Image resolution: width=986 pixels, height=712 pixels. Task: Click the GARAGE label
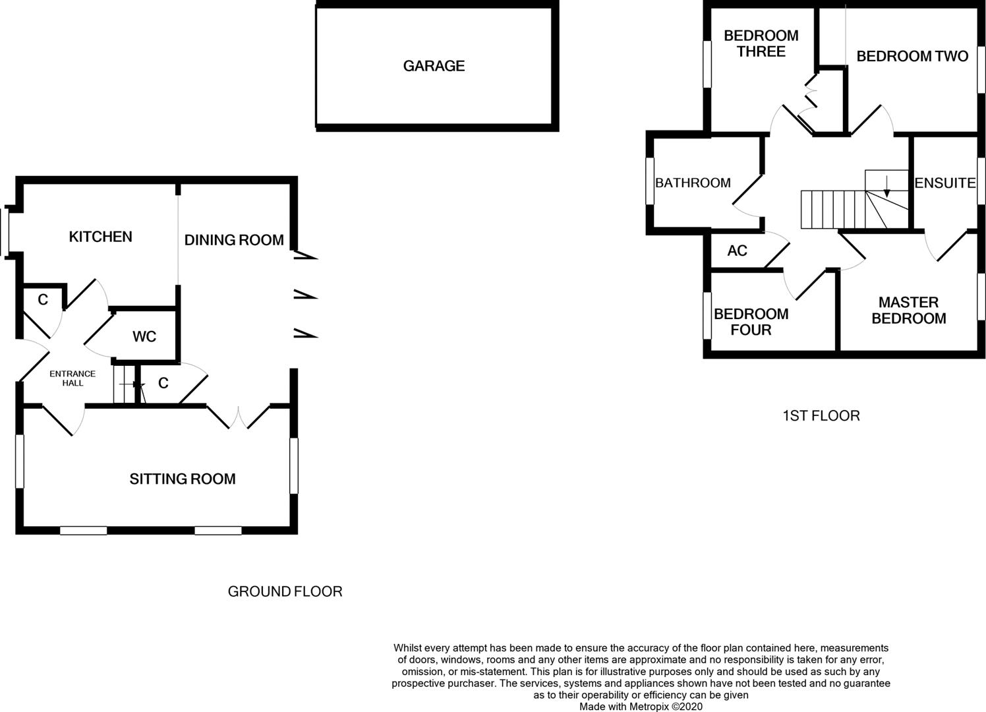(x=434, y=66)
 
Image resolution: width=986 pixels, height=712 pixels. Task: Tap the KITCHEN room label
(x=100, y=237)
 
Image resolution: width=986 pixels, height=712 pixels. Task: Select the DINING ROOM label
(x=234, y=240)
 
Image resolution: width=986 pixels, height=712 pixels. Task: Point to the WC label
(x=144, y=337)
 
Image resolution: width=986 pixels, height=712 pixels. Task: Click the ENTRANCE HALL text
(x=72, y=378)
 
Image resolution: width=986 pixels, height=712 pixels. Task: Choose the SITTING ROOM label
(x=182, y=479)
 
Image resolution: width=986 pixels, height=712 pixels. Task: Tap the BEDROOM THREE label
(x=761, y=44)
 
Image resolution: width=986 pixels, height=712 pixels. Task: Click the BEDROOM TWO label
(x=912, y=56)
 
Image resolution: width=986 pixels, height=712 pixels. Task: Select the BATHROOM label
(x=693, y=183)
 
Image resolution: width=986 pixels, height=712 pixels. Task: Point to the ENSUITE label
(x=945, y=183)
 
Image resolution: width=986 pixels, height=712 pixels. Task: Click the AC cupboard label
(x=738, y=251)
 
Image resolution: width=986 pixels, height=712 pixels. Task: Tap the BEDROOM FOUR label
(x=751, y=322)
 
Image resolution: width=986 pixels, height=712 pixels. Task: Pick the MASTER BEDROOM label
(x=908, y=311)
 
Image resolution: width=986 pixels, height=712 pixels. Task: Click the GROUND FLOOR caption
(x=285, y=591)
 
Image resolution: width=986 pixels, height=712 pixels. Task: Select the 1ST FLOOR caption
(x=821, y=416)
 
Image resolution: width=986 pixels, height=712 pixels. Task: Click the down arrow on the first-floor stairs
(x=887, y=187)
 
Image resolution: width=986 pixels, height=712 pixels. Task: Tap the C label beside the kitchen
(x=43, y=300)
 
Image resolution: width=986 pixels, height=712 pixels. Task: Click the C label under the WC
(x=163, y=383)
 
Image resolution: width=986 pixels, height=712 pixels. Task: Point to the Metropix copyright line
(x=641, y=707)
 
